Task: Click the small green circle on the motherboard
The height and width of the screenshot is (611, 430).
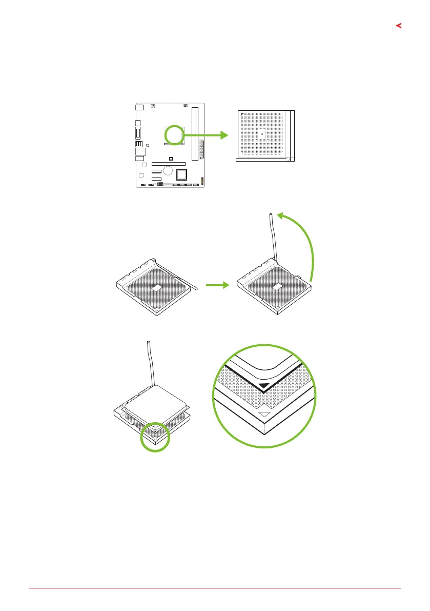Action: click(175, 135)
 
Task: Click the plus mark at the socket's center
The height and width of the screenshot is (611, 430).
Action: click(262, 134)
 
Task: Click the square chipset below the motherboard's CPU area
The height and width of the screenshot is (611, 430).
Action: click(181, 175)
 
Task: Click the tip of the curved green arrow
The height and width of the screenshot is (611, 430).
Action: click(279, 216)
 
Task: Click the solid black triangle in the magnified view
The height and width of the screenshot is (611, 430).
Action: click(264, 386)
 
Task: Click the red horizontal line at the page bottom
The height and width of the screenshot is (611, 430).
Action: click(215, 588)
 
